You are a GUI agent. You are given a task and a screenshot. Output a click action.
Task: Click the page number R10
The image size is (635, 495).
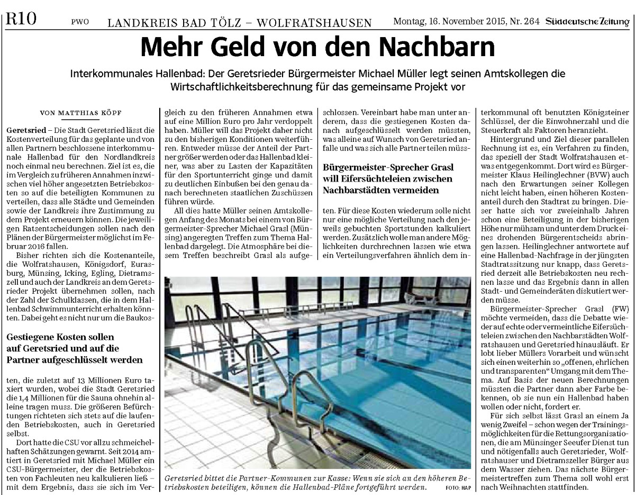click(21, 20)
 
